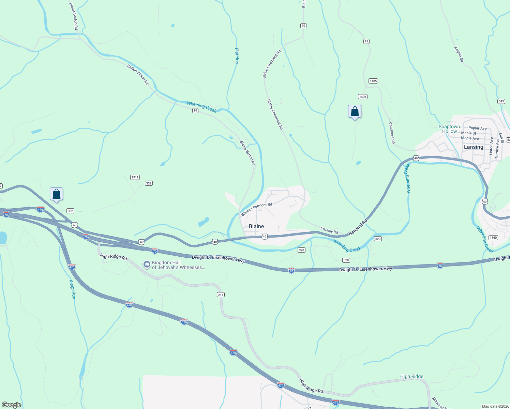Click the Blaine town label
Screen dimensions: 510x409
point(256,226)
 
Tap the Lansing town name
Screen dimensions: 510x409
point(474,147)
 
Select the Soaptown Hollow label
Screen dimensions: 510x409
point(449,129)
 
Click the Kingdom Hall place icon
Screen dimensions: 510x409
point(147,264)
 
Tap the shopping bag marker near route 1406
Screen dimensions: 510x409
point(355,112)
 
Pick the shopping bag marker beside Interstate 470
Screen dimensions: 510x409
point(56,194)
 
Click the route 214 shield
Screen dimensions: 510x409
point(221,294)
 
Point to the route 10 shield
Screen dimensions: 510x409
point(195,110)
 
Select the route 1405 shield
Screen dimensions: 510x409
point(373,81)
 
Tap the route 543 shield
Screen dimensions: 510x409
point(501,101)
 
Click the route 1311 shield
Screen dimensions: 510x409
point(135,177)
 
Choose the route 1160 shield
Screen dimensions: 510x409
point(493,238)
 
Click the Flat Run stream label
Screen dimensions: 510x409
point(237,56)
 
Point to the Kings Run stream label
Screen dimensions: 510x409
point(72,289)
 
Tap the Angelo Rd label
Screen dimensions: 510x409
point(459,54)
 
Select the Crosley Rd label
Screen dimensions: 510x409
point(329,230)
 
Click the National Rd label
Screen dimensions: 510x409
point(358,227)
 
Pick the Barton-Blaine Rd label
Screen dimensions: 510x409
point(138,74)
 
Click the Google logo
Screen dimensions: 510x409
point(12,405)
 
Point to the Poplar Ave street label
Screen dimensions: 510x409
point(477,128)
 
